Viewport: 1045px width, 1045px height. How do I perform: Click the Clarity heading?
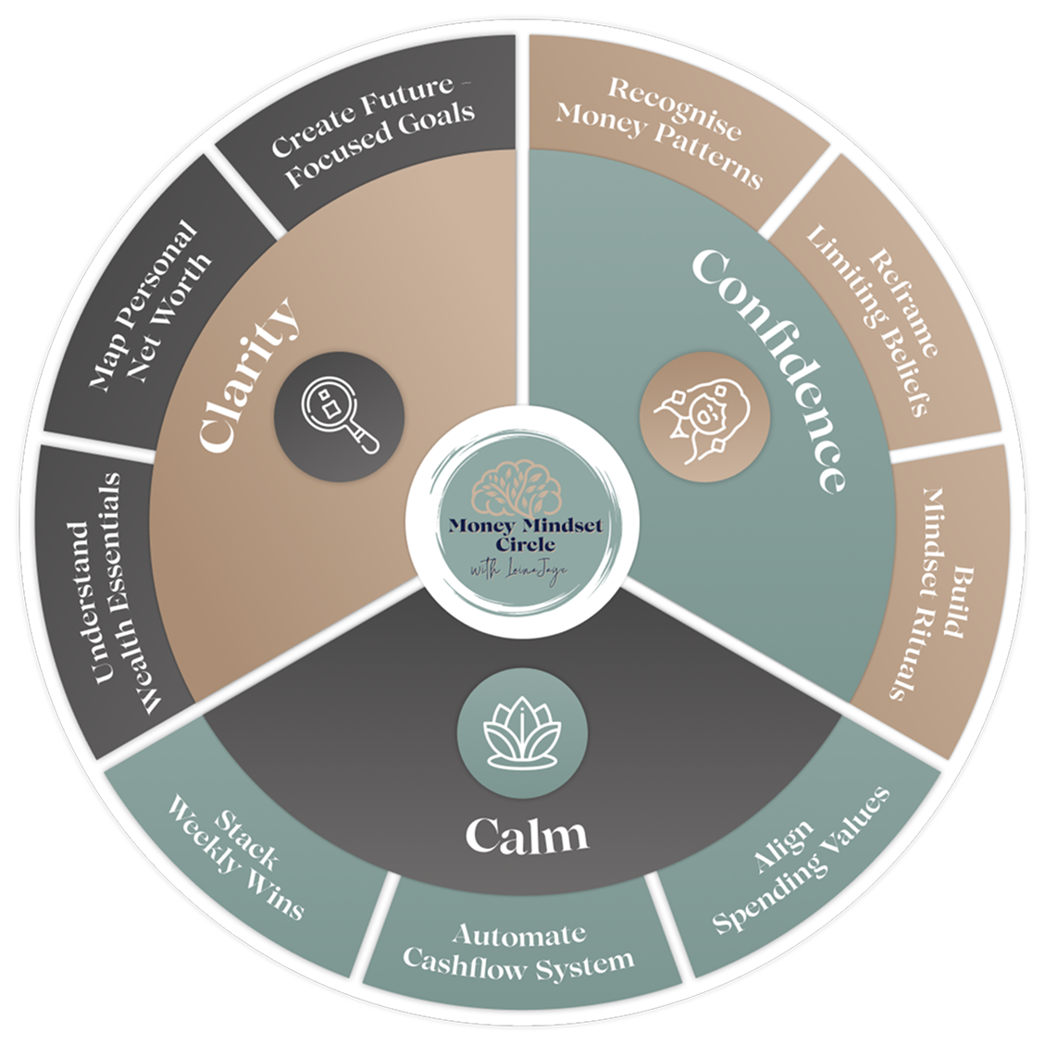(250, 374)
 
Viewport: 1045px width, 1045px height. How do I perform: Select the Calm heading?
(526, 835)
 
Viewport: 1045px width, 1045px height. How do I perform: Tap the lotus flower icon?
(522, 725)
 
